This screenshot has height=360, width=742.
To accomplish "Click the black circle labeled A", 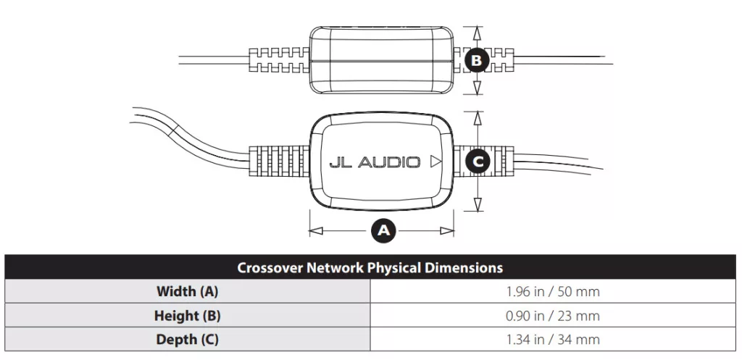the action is pos(383,230).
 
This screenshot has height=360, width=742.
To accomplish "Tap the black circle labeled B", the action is pos(477,60).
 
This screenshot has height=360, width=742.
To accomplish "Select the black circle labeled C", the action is pos(478,162).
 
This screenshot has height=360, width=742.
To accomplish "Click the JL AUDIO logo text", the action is pos(375,162).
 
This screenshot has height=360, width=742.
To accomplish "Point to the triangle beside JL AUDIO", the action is pos(435,162).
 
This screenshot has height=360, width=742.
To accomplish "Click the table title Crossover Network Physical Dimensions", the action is pos(370,268).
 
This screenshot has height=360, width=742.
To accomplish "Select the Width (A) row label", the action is pos(188,291).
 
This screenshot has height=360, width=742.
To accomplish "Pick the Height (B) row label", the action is pos(188,316).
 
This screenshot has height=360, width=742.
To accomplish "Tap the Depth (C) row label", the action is pos(188,339).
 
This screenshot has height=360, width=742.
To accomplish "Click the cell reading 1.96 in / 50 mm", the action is pos(553,291).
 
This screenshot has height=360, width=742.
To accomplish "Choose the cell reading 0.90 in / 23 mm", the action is pos(553,316).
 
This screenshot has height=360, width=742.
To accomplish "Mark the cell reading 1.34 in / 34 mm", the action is pos(553,339).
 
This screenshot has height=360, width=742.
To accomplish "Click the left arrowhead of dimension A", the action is pos(316,231).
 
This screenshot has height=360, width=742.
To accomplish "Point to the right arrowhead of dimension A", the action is pos(447,231).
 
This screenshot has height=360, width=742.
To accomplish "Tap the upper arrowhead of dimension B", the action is pos(477,33).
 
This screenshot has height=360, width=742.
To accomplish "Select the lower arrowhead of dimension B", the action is pos(477,87).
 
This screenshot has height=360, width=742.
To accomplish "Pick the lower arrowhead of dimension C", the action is pos(478,204).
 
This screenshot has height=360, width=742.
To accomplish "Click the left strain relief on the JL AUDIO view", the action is pos(280,162).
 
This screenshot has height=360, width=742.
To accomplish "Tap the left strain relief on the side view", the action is pos(280,60).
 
